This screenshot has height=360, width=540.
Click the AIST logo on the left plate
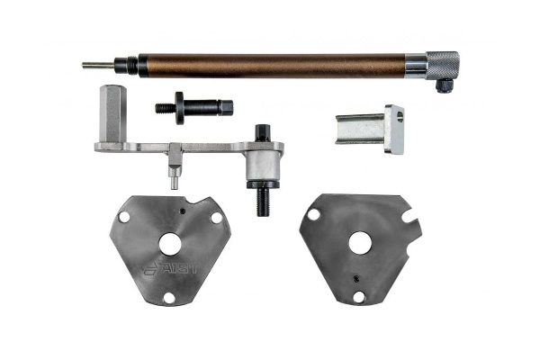(x=171, y=269)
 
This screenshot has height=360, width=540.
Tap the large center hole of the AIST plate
(x=170, y=244)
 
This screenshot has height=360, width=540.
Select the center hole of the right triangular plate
(x=360, y=243)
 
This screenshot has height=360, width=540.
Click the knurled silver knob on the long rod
(x=443, y=66)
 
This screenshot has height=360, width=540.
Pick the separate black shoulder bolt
(x=194, y=107)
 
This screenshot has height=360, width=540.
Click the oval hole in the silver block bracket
(x=400, y=117)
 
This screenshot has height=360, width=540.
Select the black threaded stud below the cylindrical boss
(x=263, y=202)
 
